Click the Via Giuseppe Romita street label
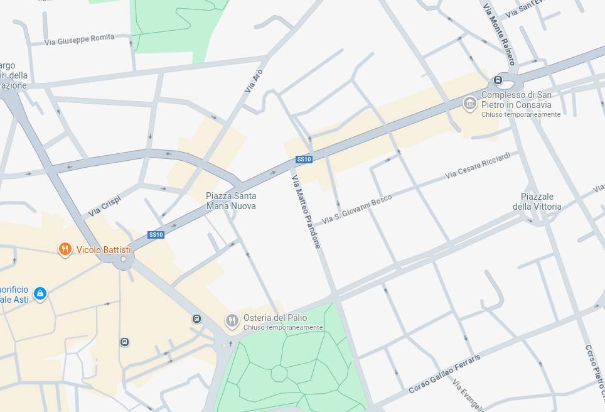tap(80, 40)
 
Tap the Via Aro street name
tap(254, 80)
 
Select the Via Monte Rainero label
tap(499, 35)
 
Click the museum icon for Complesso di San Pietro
tap(469, 104)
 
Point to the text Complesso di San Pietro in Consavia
tap(517, 100)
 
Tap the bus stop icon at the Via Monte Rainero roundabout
tap(498, 80)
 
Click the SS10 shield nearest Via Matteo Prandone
tap(304, 160)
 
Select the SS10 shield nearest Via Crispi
tap(156, 235)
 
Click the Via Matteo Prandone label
tap(306, 210)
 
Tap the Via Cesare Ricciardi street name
tap(478, 165)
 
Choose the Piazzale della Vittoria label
tap(537, 202)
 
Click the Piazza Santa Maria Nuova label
tap(231, 200)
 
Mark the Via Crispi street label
tap(104, 206)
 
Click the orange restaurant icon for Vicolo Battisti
tap(65, 250)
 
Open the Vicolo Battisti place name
tap(104, 250)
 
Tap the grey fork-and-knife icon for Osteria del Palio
tap(232, 322)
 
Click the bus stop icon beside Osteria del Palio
tap(197, 319)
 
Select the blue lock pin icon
tap(40, 293)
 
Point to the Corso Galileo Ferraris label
tap(444, 374)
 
